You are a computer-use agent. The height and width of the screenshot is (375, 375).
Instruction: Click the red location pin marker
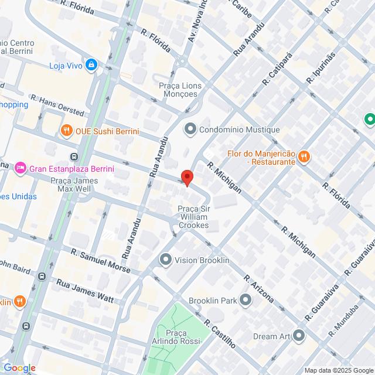[187, 178]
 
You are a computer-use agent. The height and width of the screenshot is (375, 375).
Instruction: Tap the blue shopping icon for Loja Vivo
[91, 64]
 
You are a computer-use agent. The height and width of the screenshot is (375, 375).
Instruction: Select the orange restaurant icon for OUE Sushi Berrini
[67, 131]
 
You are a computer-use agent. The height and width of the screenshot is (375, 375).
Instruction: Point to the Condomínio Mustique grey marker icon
[189, 129]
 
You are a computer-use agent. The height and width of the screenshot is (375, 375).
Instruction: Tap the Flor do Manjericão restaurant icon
[304, 156]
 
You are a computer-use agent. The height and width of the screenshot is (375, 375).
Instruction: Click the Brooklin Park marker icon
[245, 301]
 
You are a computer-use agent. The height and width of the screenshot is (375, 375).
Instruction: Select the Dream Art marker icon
[299, 336]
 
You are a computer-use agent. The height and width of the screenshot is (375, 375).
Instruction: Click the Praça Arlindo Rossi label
[183, 337]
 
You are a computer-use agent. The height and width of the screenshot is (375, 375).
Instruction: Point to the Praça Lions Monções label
[180, 90]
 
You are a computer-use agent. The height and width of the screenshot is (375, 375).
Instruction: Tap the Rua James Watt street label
[84, 290]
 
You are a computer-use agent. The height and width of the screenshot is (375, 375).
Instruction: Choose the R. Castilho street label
[220, 334]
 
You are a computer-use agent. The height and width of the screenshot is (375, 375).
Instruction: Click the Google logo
[19, 368]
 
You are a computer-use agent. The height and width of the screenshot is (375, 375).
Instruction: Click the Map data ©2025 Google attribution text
[339, 370]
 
